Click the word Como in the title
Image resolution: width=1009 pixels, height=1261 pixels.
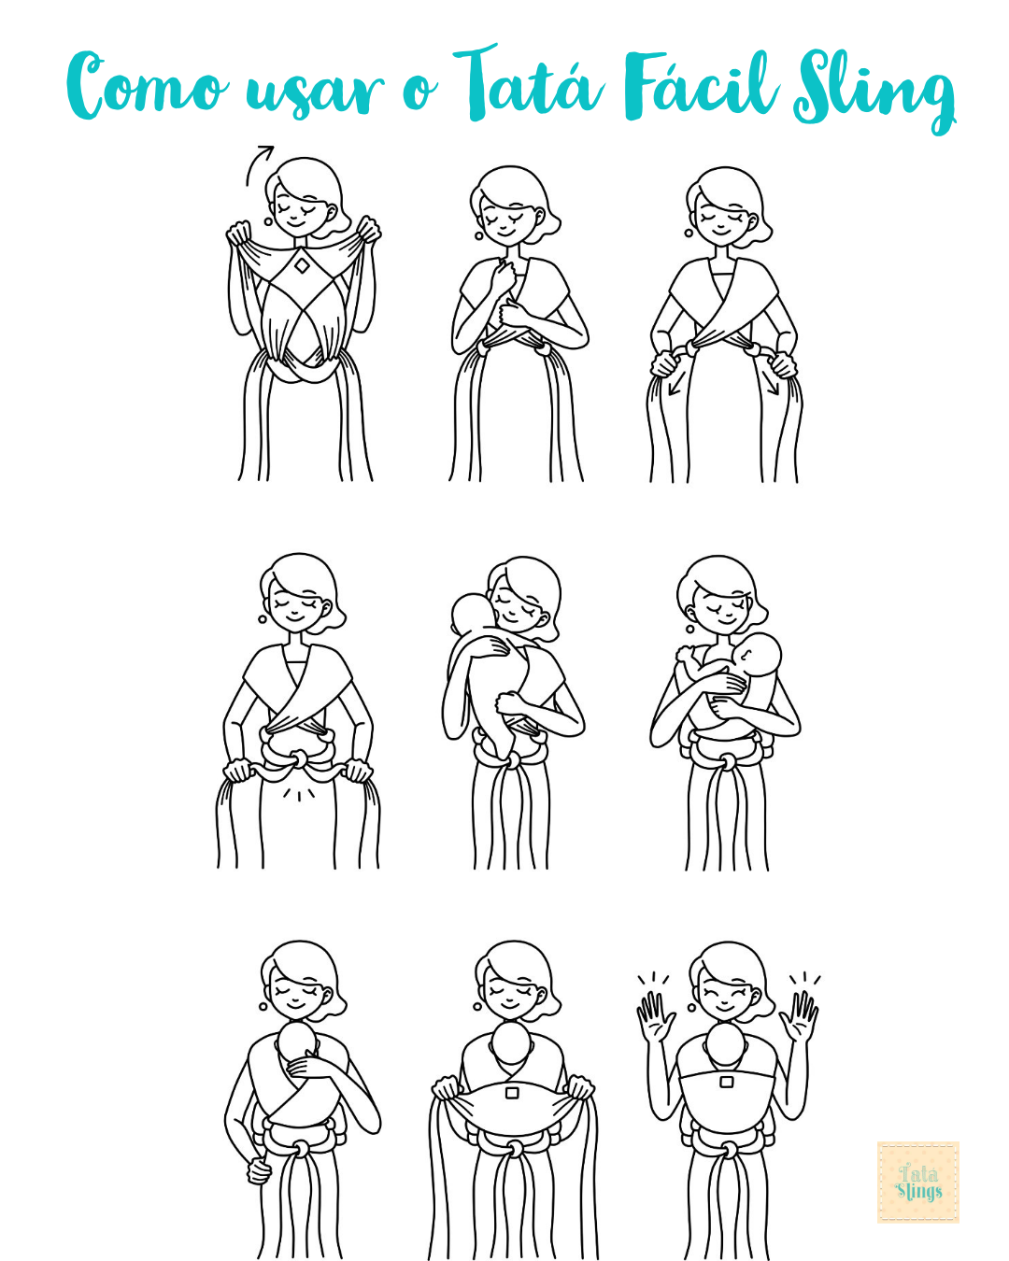[148, 86]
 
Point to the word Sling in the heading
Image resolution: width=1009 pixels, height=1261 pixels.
[874, 91]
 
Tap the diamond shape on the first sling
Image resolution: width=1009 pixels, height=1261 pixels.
[302, 265]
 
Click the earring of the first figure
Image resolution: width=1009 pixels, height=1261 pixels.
[268, 221]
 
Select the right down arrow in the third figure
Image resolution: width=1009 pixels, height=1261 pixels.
[772, 386]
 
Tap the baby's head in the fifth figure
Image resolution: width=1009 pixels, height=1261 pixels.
[472, 616]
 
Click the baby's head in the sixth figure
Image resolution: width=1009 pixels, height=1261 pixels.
[760, 655]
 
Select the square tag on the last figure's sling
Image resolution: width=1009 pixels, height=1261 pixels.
[727, 1081]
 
